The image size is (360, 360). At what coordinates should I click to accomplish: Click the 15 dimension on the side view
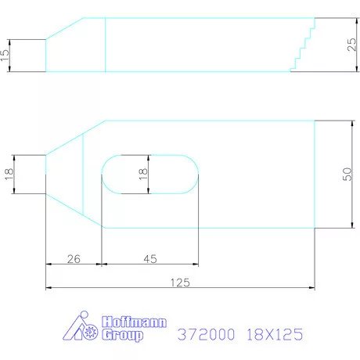(x=6, y=55)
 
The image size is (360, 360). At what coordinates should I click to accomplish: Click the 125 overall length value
(x=180, y=282)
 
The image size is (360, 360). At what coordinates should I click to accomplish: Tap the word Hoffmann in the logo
(x=123, y=322)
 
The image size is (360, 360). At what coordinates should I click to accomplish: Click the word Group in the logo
(x=124, y=335)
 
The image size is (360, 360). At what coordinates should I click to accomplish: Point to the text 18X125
(x=273, y=334)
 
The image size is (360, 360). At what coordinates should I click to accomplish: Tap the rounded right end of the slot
(x=192, y=173)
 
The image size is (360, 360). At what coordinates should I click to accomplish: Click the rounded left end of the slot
(x=110, y=173)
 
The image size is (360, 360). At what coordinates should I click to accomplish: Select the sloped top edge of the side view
(x=65, y=28)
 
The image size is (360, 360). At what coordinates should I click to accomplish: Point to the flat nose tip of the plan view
(x=46, y=173)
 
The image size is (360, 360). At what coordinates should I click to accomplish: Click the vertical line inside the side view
(x=106, y=45)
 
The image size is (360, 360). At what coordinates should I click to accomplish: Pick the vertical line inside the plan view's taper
(x=83, y=173)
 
